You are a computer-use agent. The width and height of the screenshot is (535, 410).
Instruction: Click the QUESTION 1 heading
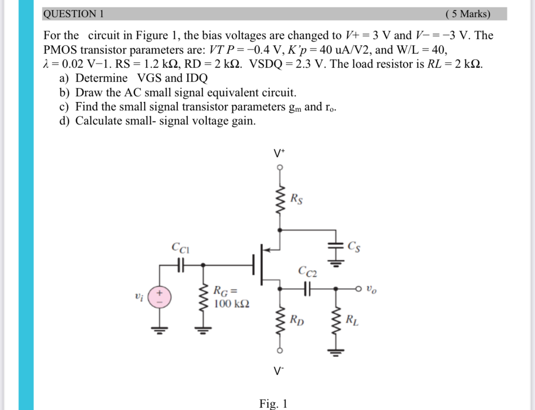click(73, 14)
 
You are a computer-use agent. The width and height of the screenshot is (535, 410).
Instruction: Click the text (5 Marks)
click(467, 14)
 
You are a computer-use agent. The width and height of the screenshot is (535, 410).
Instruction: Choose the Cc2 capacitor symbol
click(307, 287)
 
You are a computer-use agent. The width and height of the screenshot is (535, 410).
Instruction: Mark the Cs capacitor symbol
click(336, 247)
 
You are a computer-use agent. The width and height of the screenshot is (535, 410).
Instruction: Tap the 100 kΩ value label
click(231, 304)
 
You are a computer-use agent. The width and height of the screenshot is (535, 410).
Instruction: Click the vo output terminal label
click(372, 289)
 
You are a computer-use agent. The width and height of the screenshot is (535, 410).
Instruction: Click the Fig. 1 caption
click(273, 403)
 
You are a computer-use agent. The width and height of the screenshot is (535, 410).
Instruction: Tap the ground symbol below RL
click(336, 353)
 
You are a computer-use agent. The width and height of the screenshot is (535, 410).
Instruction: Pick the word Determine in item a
click(101, 78)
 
